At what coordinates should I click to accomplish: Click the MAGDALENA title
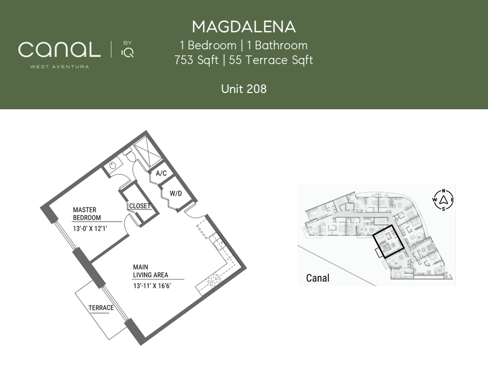(x=243, y=27)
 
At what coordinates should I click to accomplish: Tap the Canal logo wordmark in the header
(x=59, y=49)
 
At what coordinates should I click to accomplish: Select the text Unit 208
(x=243, y=89)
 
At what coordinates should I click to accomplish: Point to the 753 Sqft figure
(x=196, y=60)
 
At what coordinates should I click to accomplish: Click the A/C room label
(x=161, y=173)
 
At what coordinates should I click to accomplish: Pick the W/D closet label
(x=175, y=194)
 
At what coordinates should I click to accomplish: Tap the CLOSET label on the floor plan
(x=140, y=206)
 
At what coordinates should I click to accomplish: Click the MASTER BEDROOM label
(x=87, y=214)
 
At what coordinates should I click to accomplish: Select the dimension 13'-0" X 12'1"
(x=90, y=229)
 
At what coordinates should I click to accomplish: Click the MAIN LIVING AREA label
(x=150, y=271)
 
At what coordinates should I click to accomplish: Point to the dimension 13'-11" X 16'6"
(x=152, y=286)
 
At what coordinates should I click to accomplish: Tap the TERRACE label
(x=101, y=308)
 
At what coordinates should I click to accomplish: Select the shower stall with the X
(x=147, y=153)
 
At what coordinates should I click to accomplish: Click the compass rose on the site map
(x=443, y=200)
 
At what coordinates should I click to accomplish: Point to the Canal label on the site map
(x=317, y=278)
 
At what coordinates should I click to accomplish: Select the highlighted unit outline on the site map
(x=388, y=241)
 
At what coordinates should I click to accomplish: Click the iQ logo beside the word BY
(x=128, y=52)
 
